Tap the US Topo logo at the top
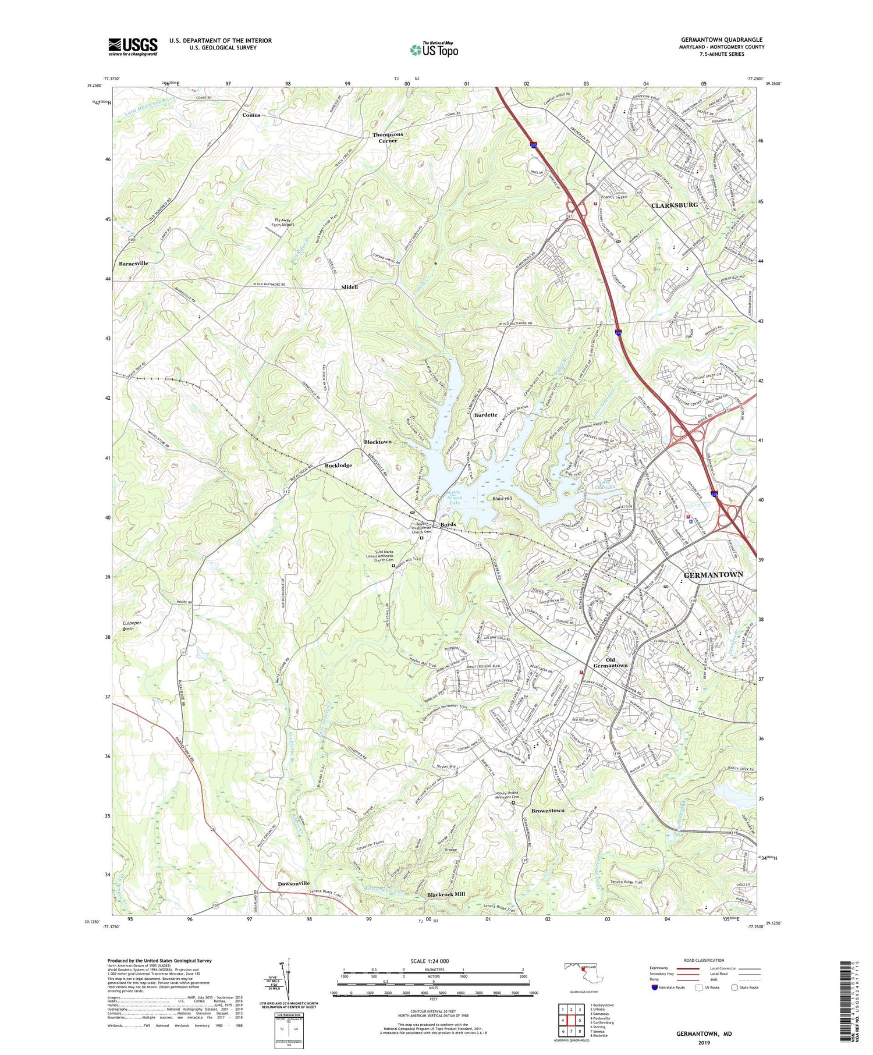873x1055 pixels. point(434,50)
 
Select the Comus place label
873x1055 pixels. point(251,115)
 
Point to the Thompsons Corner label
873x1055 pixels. point(388,137)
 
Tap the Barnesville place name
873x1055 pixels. point(133,264)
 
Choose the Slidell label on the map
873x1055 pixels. point(349,287)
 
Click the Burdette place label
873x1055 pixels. point(486,415)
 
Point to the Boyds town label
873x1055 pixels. point(448,525)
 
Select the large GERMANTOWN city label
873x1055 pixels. point(713,574)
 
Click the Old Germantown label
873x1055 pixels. point(610,662)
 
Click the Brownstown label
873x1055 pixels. point(548,811)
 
